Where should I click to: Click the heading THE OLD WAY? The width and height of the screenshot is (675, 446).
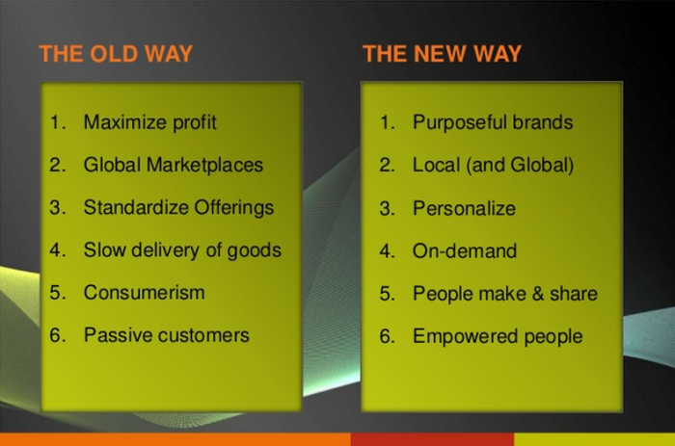tap(116, 54)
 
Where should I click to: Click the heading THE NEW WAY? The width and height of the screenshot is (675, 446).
tap(442, 54)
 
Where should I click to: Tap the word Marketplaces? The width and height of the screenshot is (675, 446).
tap(204, 165)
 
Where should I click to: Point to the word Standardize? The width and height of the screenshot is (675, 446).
tap(136, 207)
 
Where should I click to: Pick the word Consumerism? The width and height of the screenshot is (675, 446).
tap(145, 293)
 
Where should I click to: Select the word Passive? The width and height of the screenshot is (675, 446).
tap(118, 335)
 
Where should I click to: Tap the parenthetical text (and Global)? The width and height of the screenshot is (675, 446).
tap(520, 165)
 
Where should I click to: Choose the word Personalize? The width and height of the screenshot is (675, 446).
tap(464, 208)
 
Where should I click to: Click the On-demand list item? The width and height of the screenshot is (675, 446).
tap(465, 250)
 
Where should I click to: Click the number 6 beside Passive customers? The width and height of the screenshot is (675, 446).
tap(56, 335)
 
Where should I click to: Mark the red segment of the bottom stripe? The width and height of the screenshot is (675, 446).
tap(432, 439)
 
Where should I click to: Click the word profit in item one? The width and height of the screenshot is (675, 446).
tap(194, 122)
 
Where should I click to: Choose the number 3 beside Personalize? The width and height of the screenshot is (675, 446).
tap(387, 208)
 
